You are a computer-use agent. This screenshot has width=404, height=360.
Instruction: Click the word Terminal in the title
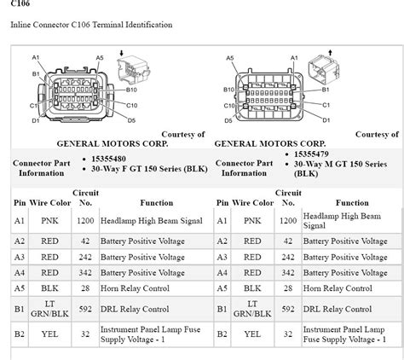107,25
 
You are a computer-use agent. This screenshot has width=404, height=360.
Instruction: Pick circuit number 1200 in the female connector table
85,220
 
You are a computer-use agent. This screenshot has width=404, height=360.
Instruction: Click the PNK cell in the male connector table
252,221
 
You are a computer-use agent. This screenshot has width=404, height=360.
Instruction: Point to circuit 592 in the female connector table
85,310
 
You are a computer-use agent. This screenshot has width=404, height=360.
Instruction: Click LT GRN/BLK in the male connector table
252,310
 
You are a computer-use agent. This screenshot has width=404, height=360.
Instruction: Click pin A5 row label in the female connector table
20,289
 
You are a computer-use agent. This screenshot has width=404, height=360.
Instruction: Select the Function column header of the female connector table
151,203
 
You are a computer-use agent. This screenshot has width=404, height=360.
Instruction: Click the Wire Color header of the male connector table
252,203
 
